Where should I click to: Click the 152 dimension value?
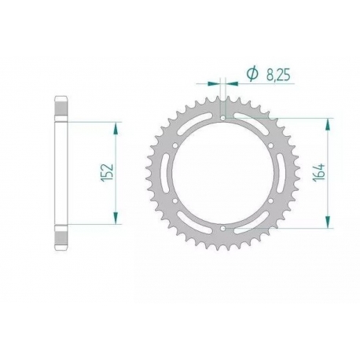point(108,173)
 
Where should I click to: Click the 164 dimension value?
point(318,172)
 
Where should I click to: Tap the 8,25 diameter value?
point(278,75)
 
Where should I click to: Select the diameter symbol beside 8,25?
point(252,75)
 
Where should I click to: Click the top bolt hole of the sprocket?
point(223,118)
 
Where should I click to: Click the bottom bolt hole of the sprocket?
point(223,229)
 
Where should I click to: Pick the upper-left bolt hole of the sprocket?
point(175,145)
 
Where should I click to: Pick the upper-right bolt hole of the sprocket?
point(271,145)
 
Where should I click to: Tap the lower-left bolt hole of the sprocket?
point(175,201)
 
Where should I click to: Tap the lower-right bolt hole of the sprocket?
point(271,201)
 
